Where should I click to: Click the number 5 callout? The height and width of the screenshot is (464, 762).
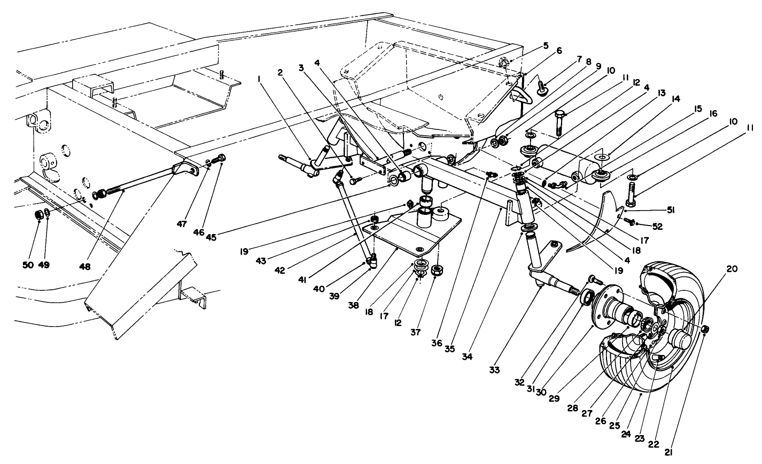[545, 45]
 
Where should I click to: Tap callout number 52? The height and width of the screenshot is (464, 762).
[657, 227]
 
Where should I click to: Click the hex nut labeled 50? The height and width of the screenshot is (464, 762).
[38, 215]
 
